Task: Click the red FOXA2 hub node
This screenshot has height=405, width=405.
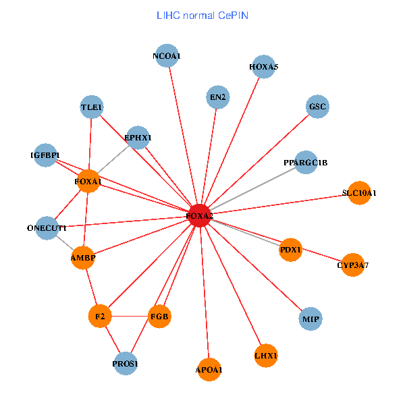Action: (200, 215)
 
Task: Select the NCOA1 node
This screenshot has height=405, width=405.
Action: (167, 56)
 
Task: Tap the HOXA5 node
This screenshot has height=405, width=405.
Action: (263, 67)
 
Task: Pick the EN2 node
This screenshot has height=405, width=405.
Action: (217, 97)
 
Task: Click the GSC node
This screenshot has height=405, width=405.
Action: (317, 107)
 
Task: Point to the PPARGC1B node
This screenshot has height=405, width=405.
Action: (305, 162)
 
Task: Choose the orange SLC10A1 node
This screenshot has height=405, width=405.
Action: (359, 193)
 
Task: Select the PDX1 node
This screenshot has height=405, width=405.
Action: (290, 249)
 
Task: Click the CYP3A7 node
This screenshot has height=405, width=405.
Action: (353, 265)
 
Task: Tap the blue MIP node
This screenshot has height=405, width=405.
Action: (310, 318)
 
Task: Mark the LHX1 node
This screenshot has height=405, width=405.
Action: (266, 355)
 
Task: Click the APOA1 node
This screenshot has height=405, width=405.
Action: (209, 369)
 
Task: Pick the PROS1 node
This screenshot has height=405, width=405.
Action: (126, 364)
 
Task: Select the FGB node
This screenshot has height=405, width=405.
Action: (159, 316)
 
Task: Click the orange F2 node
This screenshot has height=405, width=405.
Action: (99, 316)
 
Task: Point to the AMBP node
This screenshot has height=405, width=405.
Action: (83, 258)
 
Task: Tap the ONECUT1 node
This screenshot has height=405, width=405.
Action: (47, 227)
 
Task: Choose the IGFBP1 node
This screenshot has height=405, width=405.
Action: (45, 155)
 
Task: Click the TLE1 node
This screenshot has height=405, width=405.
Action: (91, 107)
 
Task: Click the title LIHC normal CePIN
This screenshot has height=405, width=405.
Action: (202, 15)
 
